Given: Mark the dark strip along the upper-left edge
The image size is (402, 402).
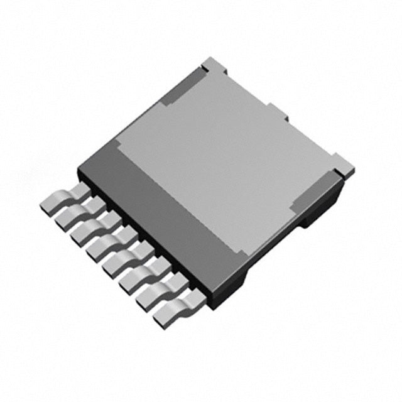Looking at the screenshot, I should [176, 94].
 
